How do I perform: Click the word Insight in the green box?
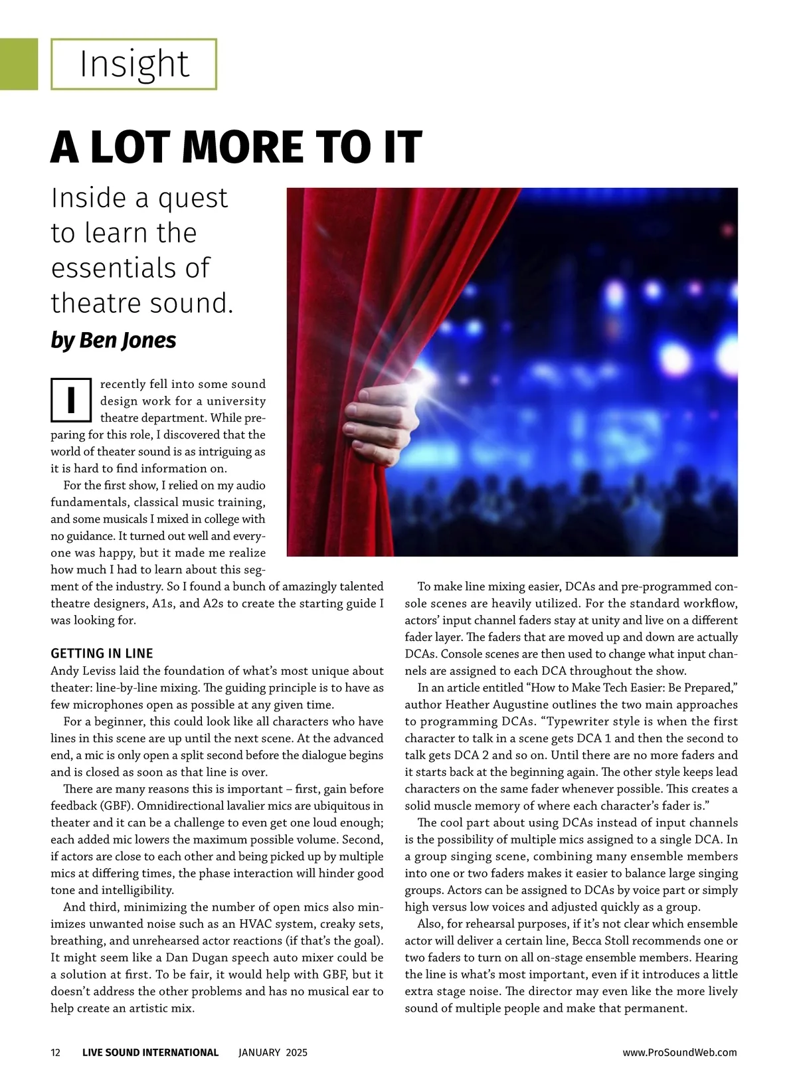pos(134,64)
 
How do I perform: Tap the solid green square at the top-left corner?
pos(19,64)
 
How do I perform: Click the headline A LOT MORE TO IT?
pos(236,147)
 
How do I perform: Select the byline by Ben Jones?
pos(114,340)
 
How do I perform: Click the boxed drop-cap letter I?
pos(70,400)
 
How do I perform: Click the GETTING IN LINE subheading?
pos(102,654)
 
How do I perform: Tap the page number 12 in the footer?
pos(56,1053)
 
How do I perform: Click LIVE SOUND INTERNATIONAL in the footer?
pos(150,1053)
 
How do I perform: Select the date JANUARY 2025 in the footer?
pos(273,1053)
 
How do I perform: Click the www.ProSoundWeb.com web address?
pos(679,1053)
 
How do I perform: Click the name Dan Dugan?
pos(211,958)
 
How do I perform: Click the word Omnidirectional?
pos(211,806)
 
